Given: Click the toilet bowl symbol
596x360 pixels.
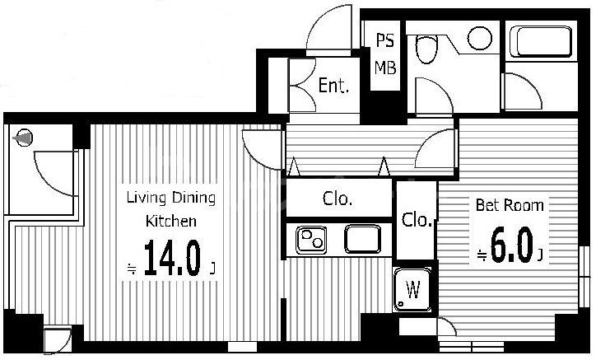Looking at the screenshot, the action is click(x=426, y=49).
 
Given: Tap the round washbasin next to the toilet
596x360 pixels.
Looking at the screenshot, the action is click(x=480, y=38).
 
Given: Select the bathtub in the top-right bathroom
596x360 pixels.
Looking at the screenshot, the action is click(x=541, y=41).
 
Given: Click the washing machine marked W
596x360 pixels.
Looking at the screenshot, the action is click(x=412, y=289).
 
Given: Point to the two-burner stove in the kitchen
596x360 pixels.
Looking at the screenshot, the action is click(x=311, y=240).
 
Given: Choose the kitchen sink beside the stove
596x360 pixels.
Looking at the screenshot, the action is click(x=362, y=239).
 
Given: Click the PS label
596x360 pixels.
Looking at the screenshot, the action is click(x=385, y=40).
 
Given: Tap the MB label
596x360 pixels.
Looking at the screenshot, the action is click(x=385, y=68).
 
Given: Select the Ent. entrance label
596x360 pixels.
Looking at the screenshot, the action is click(x=333, y=85).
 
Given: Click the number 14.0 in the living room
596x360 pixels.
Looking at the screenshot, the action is click(x=172, y=259).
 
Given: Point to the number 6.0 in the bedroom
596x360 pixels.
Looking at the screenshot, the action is click(x=511, y=245).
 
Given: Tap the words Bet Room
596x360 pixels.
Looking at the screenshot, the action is click(x=510, y=205).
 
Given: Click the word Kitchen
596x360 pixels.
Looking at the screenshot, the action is click(x=171, y=221).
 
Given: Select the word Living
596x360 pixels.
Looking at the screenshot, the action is click(x=147, y=198).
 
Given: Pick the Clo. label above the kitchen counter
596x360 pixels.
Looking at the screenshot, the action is click(x=338, y=199).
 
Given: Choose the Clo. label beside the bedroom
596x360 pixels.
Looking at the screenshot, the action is click(x=417, y=220).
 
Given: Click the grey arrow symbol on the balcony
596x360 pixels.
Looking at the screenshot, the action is click(x=23, y=138).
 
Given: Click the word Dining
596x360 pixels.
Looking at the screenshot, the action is click(x=193, y=198).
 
